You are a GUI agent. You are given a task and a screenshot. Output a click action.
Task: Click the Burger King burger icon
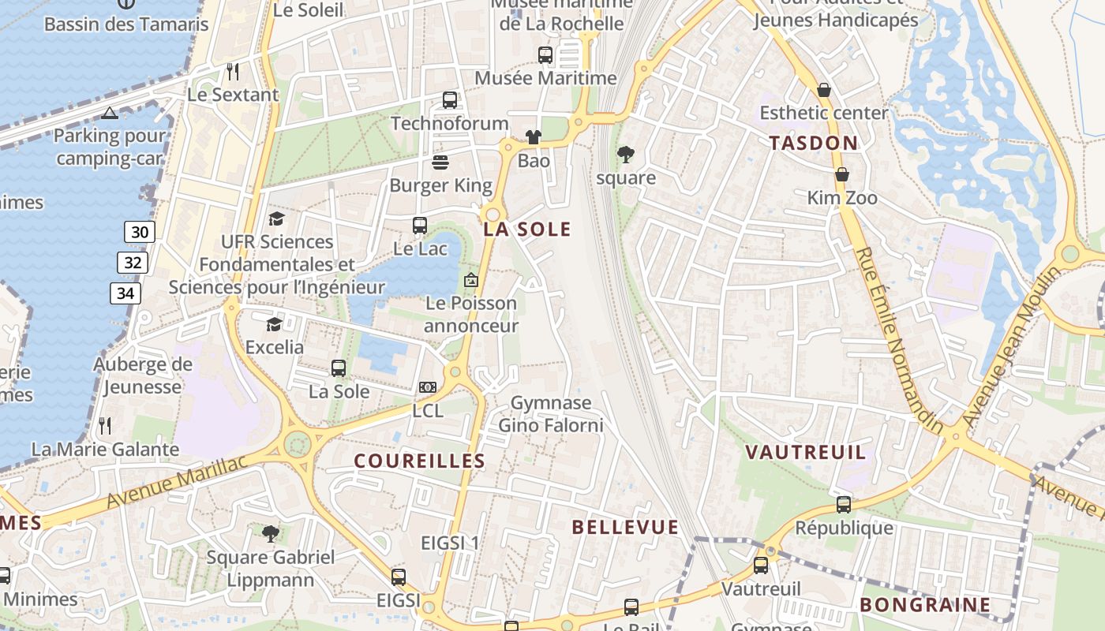440,162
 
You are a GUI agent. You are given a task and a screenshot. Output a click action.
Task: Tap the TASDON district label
813,143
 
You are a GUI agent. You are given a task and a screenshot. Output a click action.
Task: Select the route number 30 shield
139,232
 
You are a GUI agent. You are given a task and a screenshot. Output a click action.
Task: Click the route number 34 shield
125,293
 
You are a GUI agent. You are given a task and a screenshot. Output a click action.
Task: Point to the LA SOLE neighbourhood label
527,230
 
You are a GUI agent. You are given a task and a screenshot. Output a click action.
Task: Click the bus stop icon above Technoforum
450,100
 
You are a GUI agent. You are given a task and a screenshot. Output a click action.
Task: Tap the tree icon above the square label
625,154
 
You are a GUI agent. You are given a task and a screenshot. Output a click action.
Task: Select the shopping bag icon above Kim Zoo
842,174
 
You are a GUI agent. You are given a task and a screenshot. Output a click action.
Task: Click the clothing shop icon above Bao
534,137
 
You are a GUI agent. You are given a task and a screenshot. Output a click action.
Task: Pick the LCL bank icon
428,387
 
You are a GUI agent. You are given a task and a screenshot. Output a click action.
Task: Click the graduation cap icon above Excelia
274,324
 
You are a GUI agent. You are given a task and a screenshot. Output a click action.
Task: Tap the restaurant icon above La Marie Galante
105,426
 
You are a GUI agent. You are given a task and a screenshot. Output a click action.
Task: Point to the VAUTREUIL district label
806,453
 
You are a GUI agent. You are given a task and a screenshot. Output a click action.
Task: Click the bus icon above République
844,504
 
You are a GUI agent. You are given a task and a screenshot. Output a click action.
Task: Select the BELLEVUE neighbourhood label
625,527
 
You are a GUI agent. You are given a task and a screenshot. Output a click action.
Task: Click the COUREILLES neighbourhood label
419,461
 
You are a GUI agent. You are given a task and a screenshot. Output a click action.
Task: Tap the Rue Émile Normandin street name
899,340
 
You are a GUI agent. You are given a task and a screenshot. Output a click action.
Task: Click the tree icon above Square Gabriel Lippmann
271,534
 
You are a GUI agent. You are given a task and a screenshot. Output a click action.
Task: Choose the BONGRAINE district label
925,605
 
